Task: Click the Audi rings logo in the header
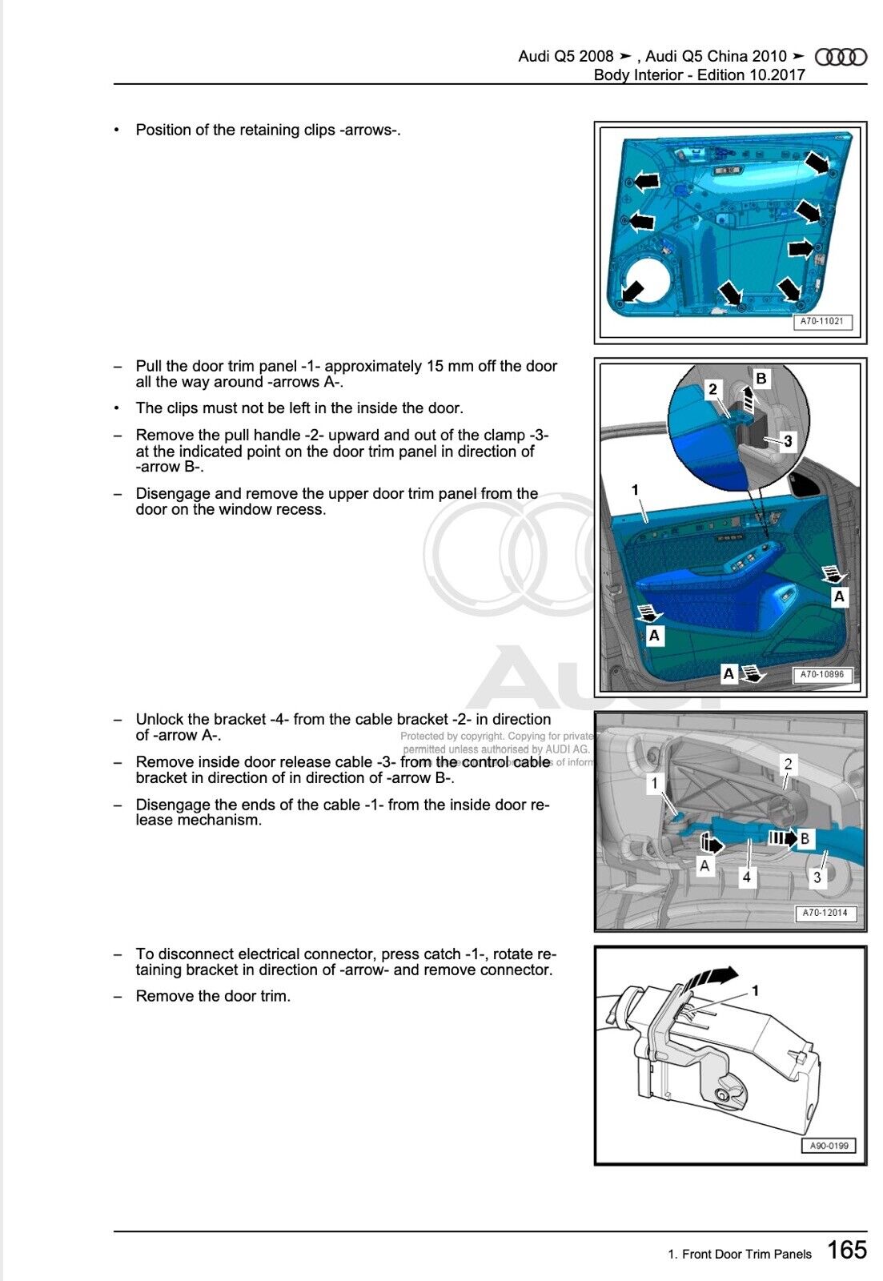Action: click(841, 57)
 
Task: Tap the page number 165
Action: click(846, 1250)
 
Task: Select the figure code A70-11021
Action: click(822, 321)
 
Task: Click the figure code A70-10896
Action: click(822, 674)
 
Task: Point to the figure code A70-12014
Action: click(825, 913)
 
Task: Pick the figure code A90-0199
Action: click(829, 1146)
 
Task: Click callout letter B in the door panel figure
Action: click(761, 378)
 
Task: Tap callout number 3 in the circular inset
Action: click(788, 441)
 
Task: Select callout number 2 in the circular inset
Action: click(712, 389)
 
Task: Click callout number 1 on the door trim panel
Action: click(635, 489)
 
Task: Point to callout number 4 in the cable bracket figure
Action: click(746, 877)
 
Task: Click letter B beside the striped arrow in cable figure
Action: click(805, 838)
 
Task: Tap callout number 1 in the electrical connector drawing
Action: click(755, 990)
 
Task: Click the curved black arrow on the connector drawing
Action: click(711, 977)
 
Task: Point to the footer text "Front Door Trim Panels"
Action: click(746, 1254)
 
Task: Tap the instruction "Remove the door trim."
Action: click(213, 996)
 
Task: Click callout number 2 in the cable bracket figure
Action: click(788, 764)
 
